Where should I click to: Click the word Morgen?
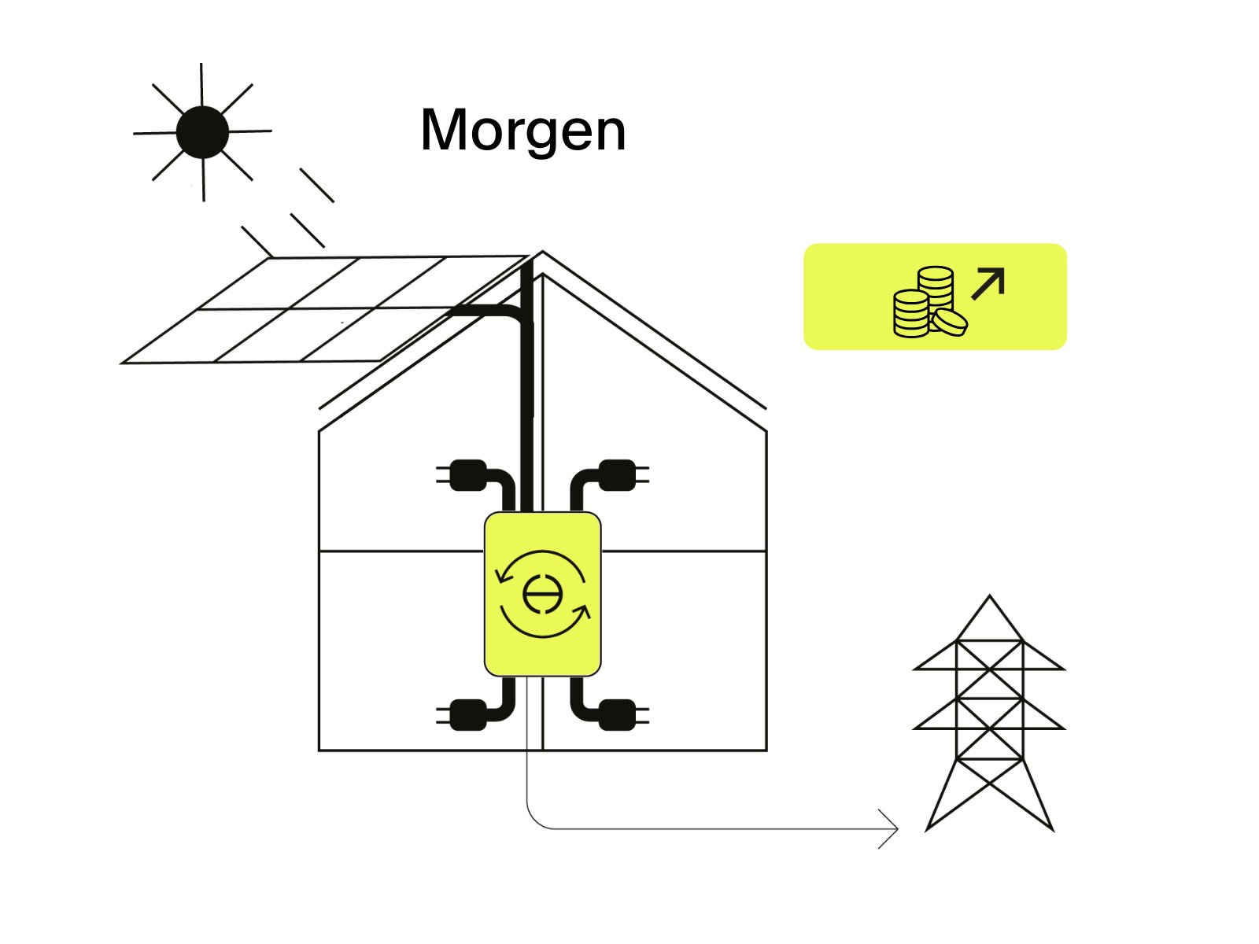click(x=523, y=130)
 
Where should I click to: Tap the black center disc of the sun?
click(x=202, y=132)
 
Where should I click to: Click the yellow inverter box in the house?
click(x=543, y=594)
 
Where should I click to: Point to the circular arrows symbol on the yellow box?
click(x=543, y=594)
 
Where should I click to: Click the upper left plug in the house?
click(x=467, y=475)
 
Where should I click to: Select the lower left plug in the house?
click(x=467, y=714)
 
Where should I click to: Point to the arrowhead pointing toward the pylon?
click(x=893, y=828)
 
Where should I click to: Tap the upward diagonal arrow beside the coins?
click(x=989, y=283)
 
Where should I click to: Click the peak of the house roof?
click(x=542, y=253)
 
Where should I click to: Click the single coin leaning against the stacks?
click(x=951, y=321)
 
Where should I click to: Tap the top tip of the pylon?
click(x=989, y=597)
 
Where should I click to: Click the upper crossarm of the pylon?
click(x=989, y=668)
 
